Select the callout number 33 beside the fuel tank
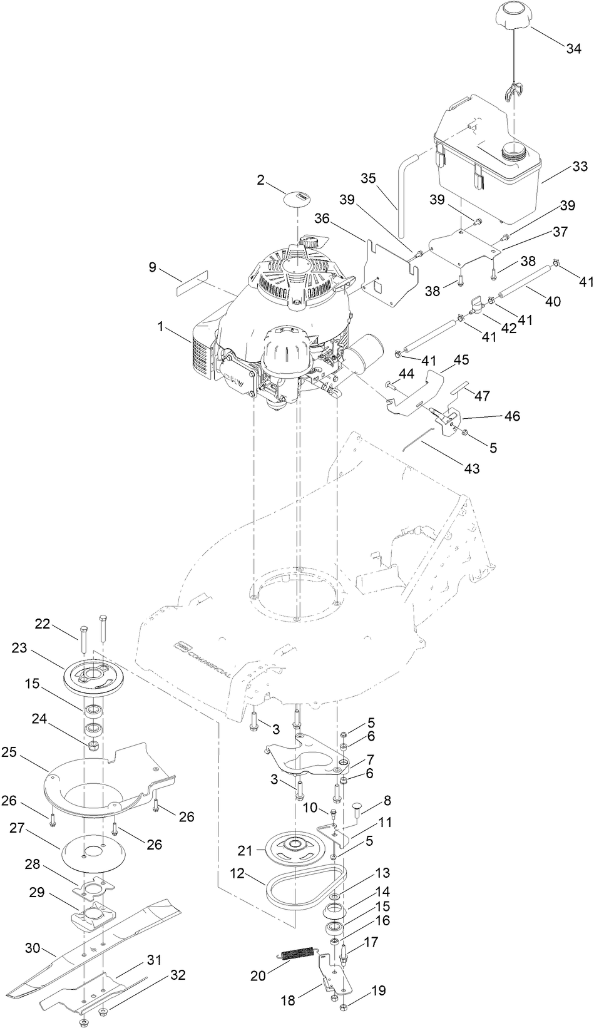point(580,167)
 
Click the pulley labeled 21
point(292,848)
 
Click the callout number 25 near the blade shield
point(9,751)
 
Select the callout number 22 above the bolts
point(42,624)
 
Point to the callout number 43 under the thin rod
point(471,468)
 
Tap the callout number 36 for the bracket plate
point(322,218)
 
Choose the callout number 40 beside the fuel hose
point(552,301)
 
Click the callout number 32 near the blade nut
point(178,975)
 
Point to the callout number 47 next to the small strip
point(483,396)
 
